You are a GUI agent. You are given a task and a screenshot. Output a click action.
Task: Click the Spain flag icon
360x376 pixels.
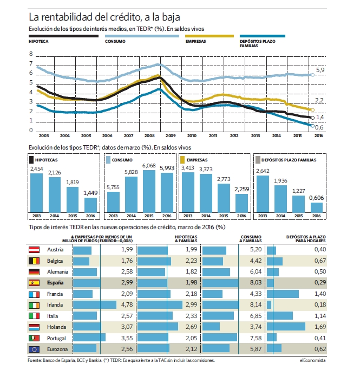[34, 283]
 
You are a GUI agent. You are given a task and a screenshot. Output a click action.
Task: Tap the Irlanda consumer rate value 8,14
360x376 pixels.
[256, 304]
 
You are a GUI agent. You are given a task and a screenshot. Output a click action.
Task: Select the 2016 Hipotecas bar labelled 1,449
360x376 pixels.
[90, 205]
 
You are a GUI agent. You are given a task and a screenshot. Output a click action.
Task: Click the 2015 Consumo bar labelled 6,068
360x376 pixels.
[149, 191]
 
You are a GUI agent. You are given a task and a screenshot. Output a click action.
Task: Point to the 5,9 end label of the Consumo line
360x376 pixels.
[320, 70]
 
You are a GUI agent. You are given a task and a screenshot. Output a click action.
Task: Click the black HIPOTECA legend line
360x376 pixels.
[63, 36]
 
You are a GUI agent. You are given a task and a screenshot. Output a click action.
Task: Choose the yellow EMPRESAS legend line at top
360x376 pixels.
[210, 36]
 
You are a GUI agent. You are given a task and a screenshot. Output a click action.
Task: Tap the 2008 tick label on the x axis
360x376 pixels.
[149, 136]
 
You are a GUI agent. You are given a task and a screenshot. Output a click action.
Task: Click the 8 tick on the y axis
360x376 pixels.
[31, 54]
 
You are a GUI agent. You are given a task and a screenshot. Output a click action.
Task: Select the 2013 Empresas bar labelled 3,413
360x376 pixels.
[188, 192]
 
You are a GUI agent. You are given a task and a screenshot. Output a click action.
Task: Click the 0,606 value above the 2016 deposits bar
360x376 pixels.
[316, 198]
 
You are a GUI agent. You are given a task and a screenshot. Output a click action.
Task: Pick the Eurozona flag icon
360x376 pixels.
[34, 349]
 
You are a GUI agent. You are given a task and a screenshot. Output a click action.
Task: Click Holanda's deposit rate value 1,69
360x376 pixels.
[320, 327]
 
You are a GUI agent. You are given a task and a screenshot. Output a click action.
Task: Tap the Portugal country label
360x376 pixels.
[56, 339]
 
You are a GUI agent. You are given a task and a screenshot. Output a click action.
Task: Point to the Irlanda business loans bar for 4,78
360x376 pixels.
[95, 305]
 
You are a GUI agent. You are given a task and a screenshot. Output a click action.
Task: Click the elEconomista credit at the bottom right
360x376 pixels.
[313, 360]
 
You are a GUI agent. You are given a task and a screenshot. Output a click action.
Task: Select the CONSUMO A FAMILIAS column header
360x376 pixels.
[251, 239]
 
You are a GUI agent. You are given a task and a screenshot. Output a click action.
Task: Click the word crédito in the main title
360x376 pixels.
[125, 17]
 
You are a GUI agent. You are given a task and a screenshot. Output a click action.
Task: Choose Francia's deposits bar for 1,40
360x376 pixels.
[283, 294]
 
